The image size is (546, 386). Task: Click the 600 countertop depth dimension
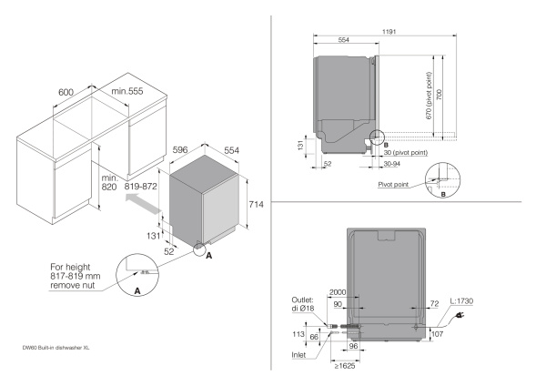tap(66, 92)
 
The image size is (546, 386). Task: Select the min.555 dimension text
tap(127, 92)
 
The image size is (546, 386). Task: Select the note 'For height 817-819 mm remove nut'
tap(79, 276)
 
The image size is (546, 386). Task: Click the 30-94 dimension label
tap(392, 165)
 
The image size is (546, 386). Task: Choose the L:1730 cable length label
tap(468, 300)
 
